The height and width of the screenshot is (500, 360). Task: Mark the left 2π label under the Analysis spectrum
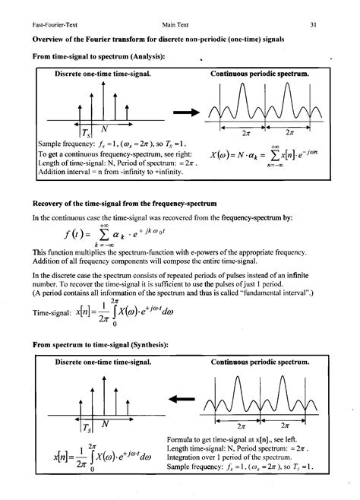pyautogui.click(x=245, y=130)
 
